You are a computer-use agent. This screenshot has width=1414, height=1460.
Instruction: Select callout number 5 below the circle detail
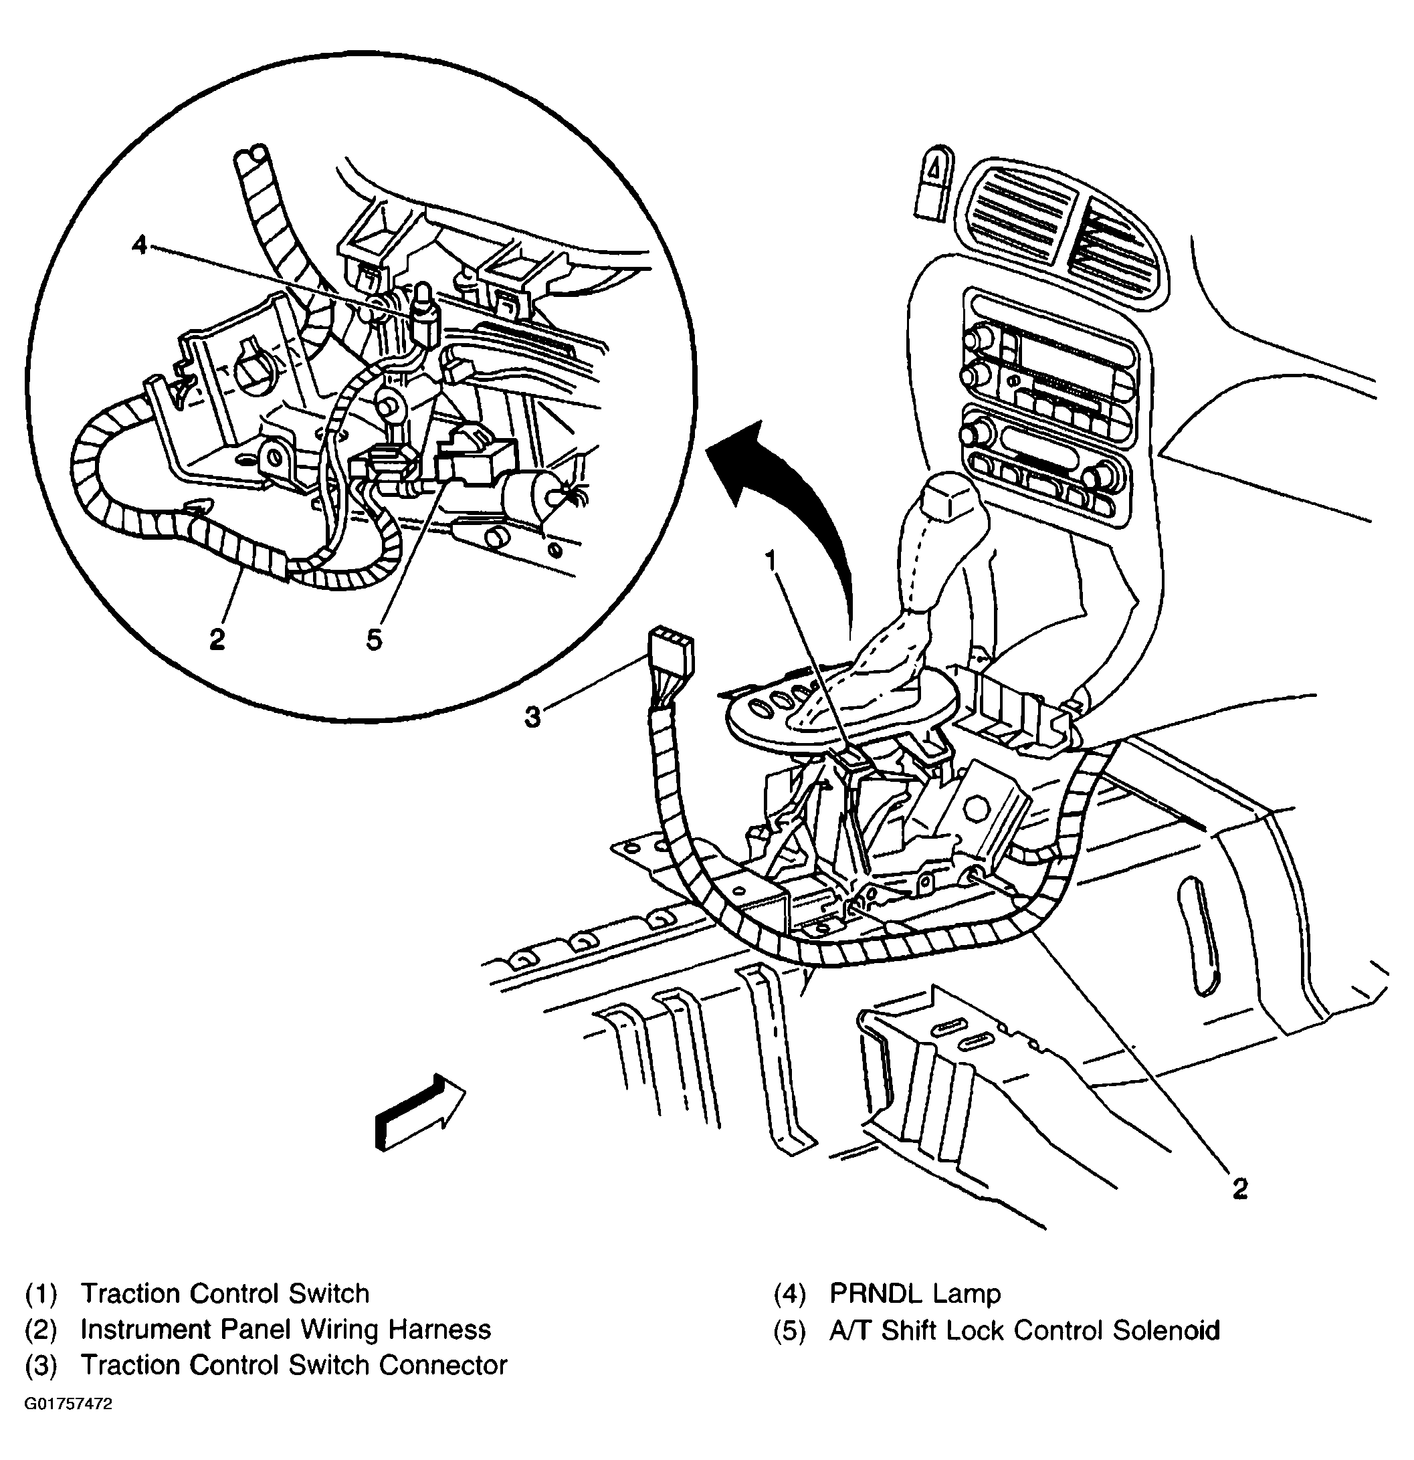374,639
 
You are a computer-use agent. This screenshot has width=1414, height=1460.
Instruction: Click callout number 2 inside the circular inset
217,639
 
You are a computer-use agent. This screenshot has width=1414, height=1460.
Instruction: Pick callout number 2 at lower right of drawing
1239,1188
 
